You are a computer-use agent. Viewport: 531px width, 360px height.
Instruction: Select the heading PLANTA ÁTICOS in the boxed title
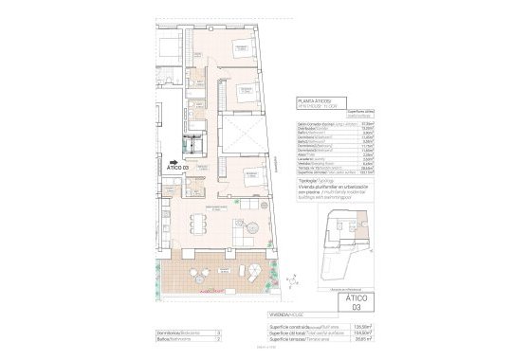pos(313,99)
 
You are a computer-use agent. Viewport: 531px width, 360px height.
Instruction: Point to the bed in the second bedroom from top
pos(245,93)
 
